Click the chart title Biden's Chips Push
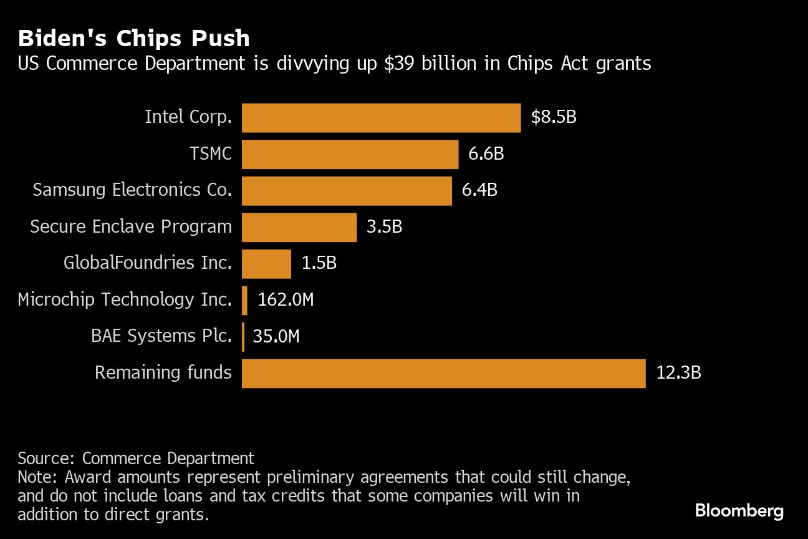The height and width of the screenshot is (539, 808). click(133, 39)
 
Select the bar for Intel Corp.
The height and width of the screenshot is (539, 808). click(381, 118)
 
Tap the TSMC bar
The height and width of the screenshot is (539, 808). click(350, 154)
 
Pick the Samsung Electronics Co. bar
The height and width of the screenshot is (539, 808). click(347, 191)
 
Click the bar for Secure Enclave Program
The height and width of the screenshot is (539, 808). click(299, 227)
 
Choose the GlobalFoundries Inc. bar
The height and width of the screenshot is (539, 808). click(266, 263)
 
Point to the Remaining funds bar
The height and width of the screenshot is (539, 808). click(443, 373)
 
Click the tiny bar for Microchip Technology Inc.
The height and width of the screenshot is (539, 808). click(245, 300)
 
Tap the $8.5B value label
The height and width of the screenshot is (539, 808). click(554, 117)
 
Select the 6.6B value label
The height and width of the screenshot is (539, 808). click(486, 153)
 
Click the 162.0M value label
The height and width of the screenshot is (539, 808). click(286, 300)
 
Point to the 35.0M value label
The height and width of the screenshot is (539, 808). click(276, 337)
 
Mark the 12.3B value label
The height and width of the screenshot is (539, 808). click(678, 373)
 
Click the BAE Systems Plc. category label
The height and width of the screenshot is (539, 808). click(161, 336)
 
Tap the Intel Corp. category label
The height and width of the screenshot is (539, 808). click(188, 117)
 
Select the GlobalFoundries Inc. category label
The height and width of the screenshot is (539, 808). click(148, 263)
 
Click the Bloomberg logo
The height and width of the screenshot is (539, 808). click(739, 512)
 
